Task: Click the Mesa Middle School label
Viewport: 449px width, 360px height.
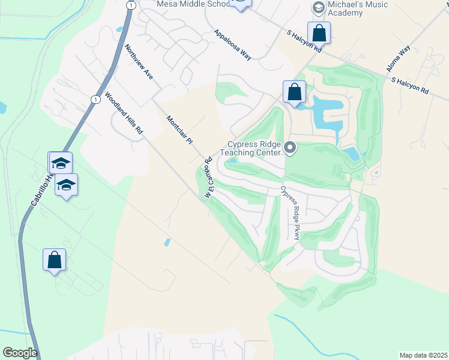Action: pos(192,4)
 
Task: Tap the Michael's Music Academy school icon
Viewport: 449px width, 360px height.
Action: pos(318,7)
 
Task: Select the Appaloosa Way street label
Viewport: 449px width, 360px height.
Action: pos(232,46)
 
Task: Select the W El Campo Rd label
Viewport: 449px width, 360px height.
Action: pos(209,178)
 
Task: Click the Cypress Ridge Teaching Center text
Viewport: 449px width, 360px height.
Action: pos(251,148)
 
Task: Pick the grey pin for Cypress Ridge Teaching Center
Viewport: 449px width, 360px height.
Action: pos(291,148)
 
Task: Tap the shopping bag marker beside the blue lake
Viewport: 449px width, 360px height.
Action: pos(294,92)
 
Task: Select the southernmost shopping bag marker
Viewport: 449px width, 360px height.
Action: pos(54,260)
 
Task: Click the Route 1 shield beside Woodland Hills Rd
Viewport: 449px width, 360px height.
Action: pos(95,99)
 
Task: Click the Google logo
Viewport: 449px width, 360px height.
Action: pos(20,353)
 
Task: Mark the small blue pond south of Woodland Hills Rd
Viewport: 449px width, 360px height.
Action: pos(167,242)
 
